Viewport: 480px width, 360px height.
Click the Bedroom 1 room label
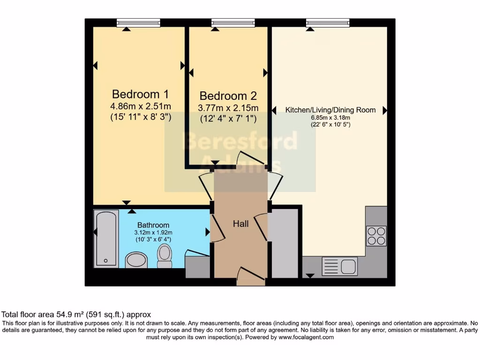pyautogui.click(x=140, y=93)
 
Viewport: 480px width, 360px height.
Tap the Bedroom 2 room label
pyautogui.click(x=228, y=96)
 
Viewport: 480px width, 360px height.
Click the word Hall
pyautogui.click(x=241, y=224)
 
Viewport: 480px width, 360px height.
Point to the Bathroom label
pyautogui.click(x=153, y=225)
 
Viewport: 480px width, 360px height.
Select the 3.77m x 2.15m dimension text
pyautogui.click(x=228, y=108)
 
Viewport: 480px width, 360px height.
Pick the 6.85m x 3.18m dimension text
pyautogui.click(x=330, y=118)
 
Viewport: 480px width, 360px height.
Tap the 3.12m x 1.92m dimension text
pyautogui.click(x=154, y=232)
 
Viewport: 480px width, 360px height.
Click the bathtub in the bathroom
pyautogui.click(x=106, y=238)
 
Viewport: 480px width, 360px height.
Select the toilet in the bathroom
pyautogui.click(x=165, y=256)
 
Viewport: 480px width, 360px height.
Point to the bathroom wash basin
pyautogui.click(x=137, y=260)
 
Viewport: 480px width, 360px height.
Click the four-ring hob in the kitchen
pyautogui.click(x=376, y=236)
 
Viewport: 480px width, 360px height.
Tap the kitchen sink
pyautogui.click(x=340, y=266)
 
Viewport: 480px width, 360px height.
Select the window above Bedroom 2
pyautogui.click(x=233, y=22)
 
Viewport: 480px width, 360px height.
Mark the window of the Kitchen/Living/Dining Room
pyautogui.click(x=328, y=22)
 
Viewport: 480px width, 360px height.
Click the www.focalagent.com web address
pyautogui.click(x=306, y=337)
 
